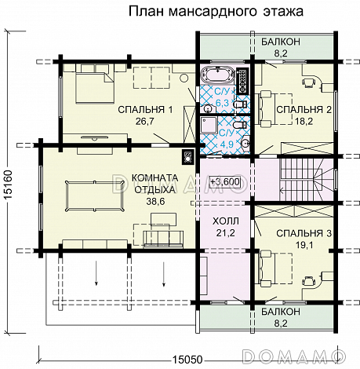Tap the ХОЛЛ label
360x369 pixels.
coord(225,220)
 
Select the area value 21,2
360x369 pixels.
coord(225,232)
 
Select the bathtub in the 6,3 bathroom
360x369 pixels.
coord(216,78)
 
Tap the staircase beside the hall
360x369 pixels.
coord(303,171)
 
